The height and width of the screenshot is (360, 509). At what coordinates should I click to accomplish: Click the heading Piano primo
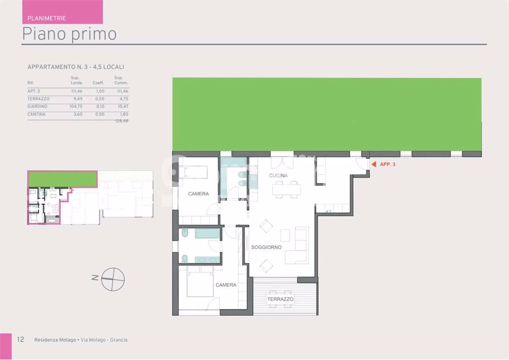pyautogui.click(x=69, y=34)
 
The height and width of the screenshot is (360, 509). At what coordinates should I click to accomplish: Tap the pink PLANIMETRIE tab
pyautogui.click(x=46, y=18)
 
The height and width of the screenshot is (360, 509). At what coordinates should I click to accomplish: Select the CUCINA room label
pyautogui.click(x=278, y=176)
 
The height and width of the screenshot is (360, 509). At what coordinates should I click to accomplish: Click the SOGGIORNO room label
pyautogui.click(x=266, y=247)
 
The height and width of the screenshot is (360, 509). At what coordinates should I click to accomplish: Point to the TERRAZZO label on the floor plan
pyautogui.click(x=280, y=299)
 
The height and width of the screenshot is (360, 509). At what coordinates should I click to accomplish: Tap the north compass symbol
pyautogui.click(x=113, y=279)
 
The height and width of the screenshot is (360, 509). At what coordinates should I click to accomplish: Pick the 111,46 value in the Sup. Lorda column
pyautogui.click(x=76, y=91)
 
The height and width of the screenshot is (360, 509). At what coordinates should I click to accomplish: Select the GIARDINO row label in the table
pyautogui.click(x=38, y=106)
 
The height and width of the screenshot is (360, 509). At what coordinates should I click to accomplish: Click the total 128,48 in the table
pyautogui.click(x=121, y=121)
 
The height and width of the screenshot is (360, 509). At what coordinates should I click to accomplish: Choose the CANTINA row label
pyautogui.click(x=37, y=115)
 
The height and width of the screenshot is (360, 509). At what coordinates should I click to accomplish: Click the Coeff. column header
pyautogui.click(x=98, y=82)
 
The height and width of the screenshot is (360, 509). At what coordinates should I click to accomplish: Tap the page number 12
pyautogui.click(x=20, y=340)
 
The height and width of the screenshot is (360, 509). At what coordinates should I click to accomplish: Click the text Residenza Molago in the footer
pyautogui.click(x=55, y=340)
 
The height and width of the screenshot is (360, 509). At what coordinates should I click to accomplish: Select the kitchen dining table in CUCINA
pyautogui.click(x=286, y=190)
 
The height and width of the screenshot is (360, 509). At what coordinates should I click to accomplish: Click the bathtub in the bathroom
pyautogui.click(x=207, y=234)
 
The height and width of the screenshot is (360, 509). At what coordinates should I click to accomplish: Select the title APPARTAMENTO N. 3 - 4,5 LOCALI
pyautogui.click(x=75, y=67)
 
